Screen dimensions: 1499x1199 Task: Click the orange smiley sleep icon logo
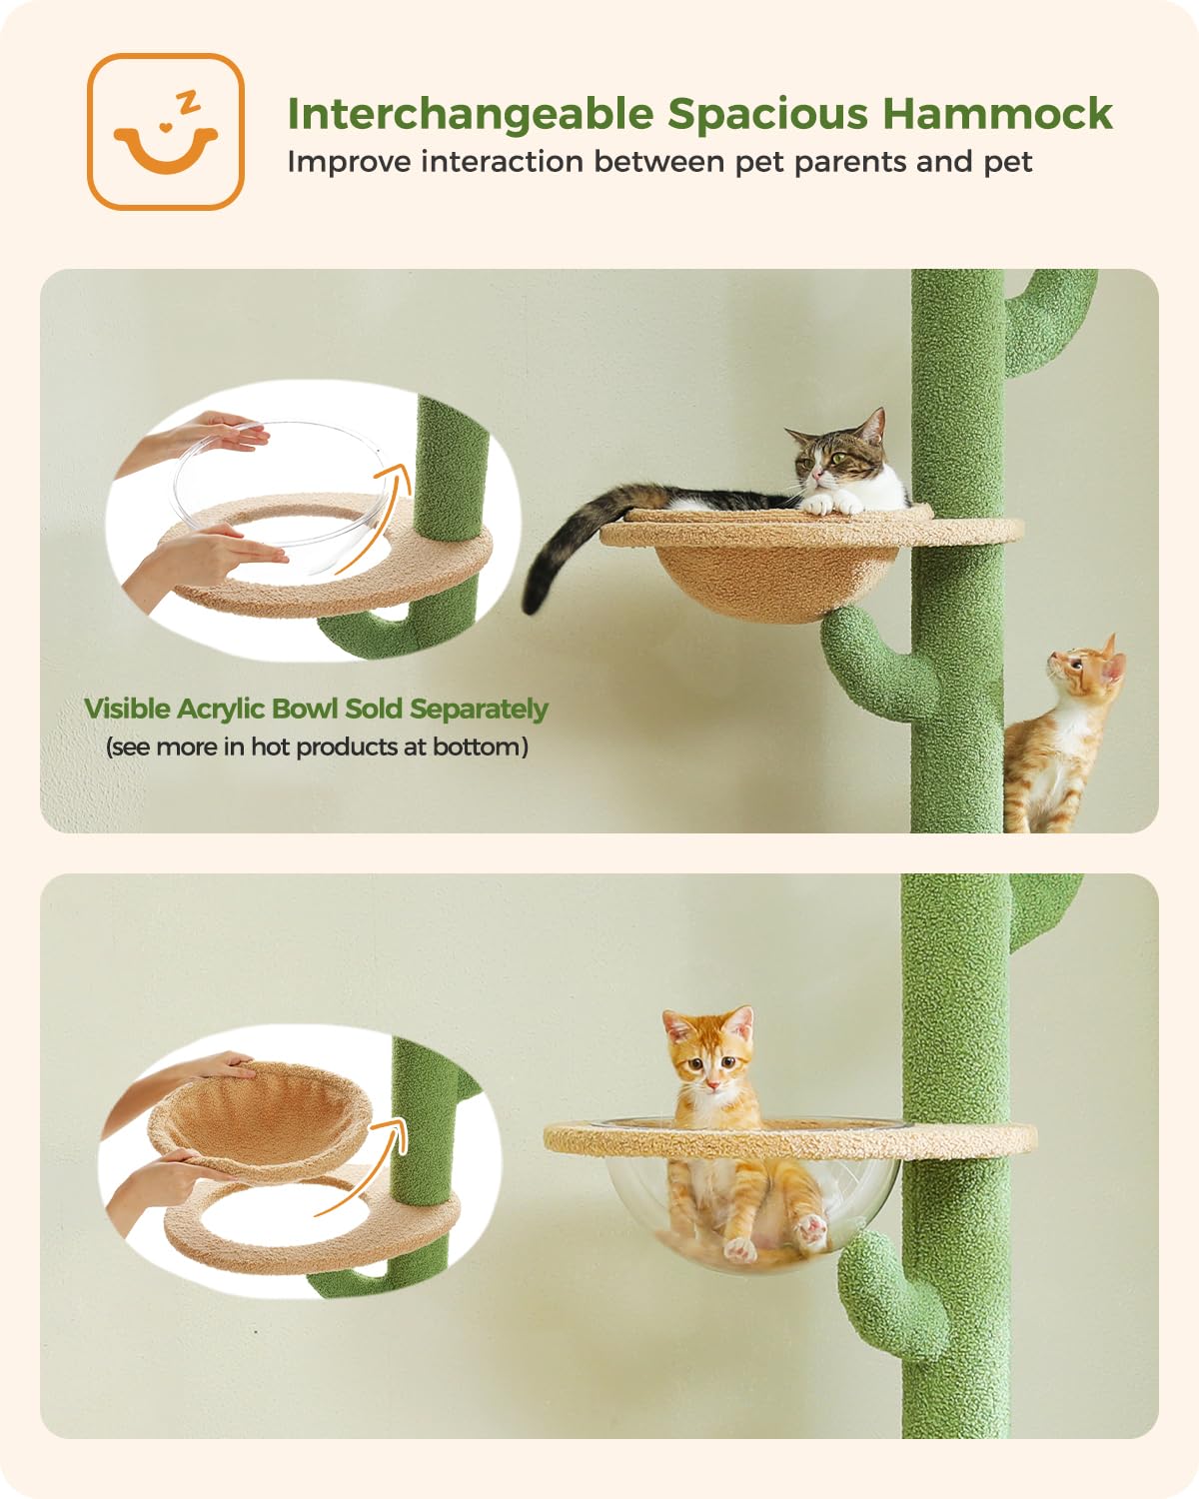tap(166, 131)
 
